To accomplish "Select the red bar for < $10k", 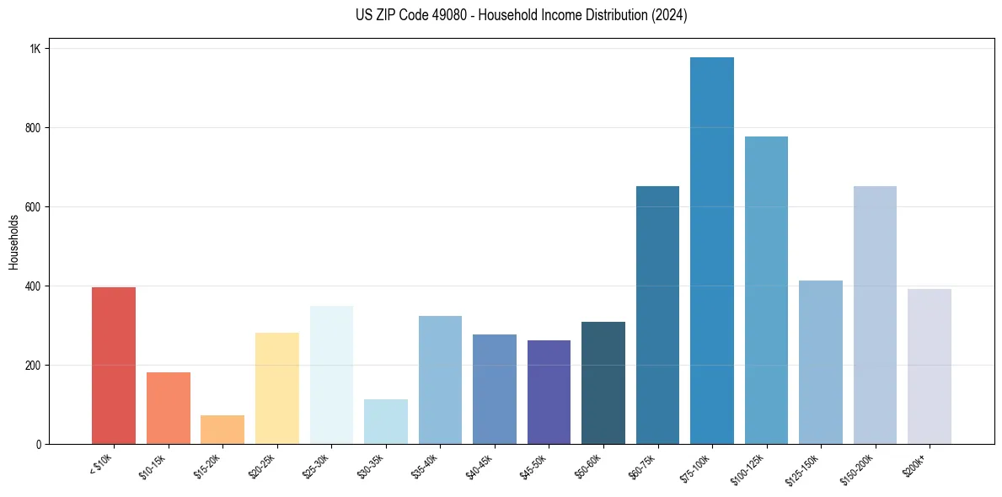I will coord(114,366).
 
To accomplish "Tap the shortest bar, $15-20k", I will coord(222,430).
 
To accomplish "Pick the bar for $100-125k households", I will coord(766,290).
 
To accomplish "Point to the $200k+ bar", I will coord(929,366).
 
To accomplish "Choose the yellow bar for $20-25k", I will coord(276,388).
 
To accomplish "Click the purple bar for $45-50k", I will coord(549,392).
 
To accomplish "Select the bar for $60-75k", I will coord(657,315).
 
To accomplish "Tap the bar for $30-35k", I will coord(386,421).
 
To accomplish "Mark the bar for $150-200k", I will coord(875,315).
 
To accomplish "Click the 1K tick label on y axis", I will coord(35,49).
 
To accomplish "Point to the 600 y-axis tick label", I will coord(33,207).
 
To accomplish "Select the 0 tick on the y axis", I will coord(38,445).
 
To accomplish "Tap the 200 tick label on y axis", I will coord(33,366).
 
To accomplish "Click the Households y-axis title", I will coord(14,242).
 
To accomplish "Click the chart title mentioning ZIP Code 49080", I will coord(522,15).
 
